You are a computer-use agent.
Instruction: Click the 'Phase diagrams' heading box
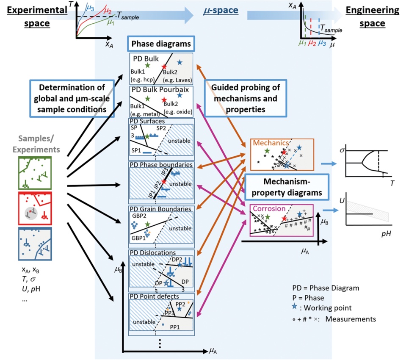(161, 44)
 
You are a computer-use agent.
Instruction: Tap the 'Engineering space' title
(372, 17)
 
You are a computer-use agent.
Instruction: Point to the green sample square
(35, 173)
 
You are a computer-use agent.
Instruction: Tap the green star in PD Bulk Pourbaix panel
(147, 98)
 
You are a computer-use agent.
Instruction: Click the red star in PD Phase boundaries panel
(164, 182)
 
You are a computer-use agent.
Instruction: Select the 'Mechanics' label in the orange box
(271, 143)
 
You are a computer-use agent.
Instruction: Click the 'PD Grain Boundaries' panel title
(160, 209)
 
